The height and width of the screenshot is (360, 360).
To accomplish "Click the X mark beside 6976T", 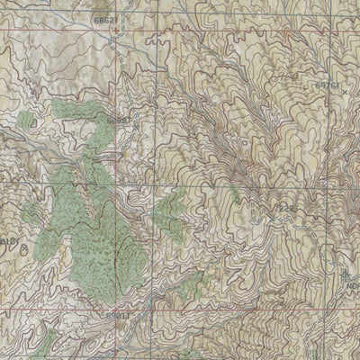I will tap(345, 91).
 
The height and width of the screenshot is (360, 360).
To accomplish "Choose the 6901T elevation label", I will tap(117, 315).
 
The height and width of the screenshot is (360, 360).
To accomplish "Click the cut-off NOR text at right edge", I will tap(353, 287).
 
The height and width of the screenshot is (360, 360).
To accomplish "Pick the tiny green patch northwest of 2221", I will tap(236, 191).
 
